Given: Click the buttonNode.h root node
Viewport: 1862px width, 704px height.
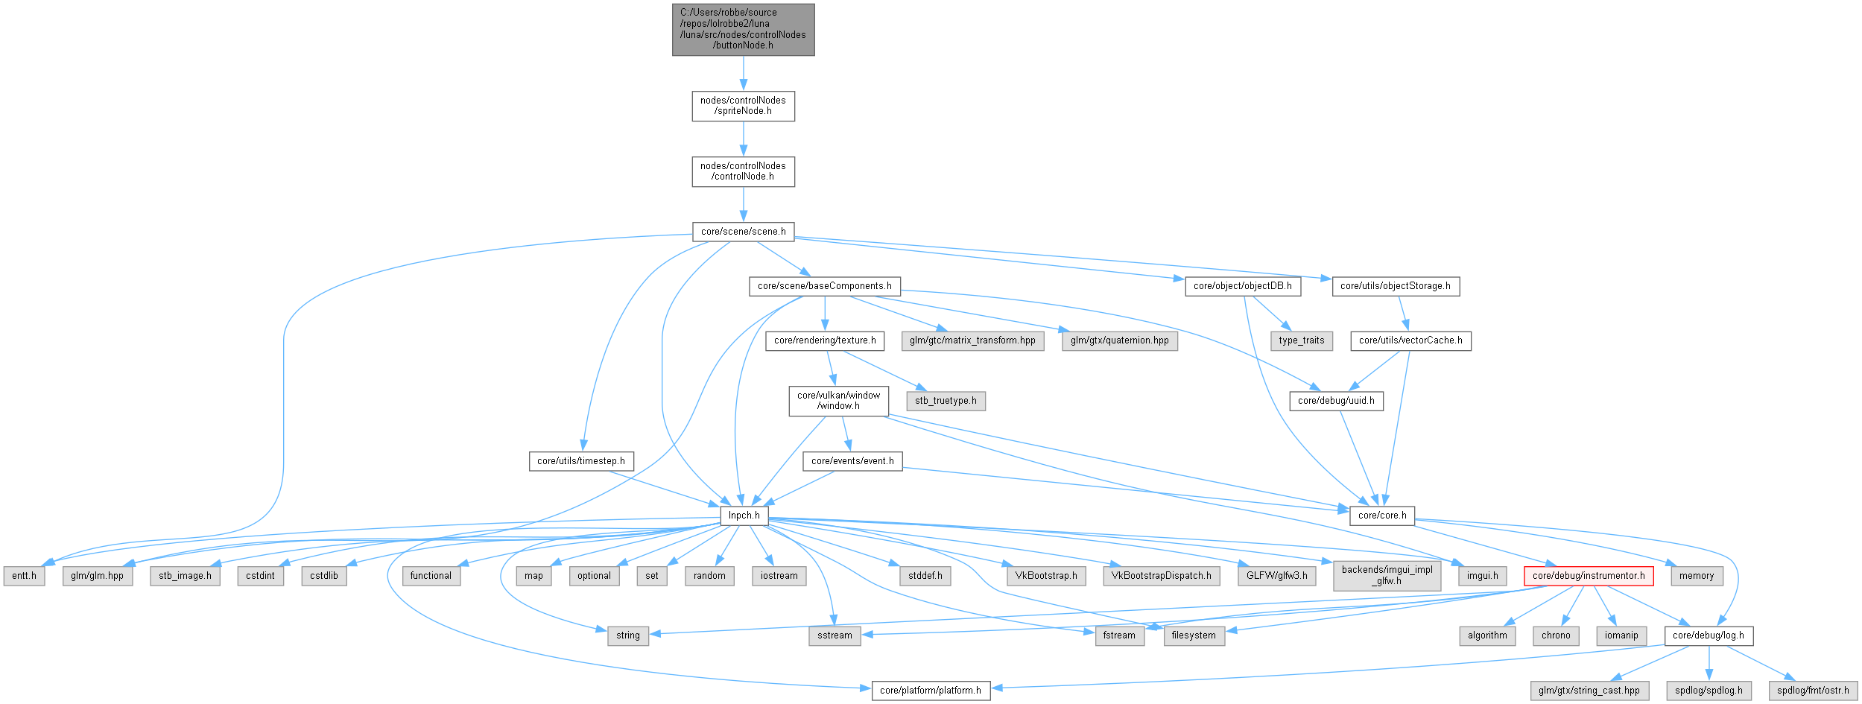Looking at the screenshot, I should pos(743,29).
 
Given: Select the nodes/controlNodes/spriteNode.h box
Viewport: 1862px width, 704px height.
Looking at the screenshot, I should pos(743,106).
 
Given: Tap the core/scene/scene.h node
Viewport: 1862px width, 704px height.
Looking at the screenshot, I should pos(743,232).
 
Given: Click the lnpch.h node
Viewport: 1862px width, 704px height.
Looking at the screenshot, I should pos(744,516).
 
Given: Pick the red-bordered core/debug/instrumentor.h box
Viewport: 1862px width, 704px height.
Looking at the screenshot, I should pos(1589,576).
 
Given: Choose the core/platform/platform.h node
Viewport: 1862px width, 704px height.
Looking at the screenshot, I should pos(930,691).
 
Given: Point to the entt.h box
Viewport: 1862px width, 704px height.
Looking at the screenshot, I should pos(24,576).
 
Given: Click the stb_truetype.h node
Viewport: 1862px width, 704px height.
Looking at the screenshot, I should pos(946,401).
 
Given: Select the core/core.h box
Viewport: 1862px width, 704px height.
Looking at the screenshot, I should pos(1381,516).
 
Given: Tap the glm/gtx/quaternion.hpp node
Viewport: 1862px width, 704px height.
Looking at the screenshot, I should pos(1119,340).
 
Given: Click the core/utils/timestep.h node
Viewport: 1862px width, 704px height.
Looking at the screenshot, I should pos(581,461).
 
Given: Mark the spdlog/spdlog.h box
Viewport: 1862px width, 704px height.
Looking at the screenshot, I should pos(1709,691).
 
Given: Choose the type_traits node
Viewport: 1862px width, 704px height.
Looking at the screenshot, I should pos(1301,340).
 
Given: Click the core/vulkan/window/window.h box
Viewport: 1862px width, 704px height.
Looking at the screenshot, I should pos(838,401).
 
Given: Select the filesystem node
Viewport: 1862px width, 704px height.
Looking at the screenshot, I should pos(1193,635).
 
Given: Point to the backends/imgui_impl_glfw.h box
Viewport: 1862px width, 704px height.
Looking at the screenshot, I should pos(1386,575).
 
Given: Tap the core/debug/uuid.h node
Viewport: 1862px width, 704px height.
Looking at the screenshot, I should pos(1336,401).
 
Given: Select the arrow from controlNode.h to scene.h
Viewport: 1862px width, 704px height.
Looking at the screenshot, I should pos(743,204).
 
